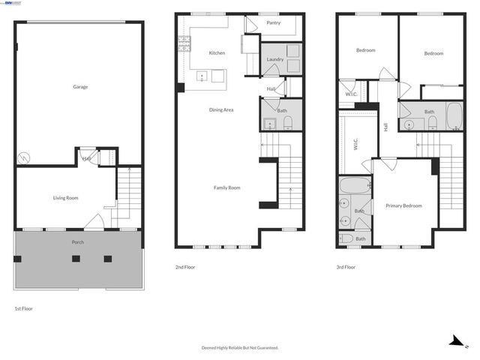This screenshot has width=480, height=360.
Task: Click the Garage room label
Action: pyautogui.click(x=80, y=87)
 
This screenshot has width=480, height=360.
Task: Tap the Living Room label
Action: pyautogui.click(x=66, y=198)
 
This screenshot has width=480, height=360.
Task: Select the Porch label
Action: pyautogui.click(x=78, y=242)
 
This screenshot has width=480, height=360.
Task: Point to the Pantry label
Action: pyautogui.click(x=274, y=23)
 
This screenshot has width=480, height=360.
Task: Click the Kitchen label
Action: pyautogui.click(x=217, y=52)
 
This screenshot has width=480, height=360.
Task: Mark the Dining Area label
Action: pyautogui.click(x=221, y=109)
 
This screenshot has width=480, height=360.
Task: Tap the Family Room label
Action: pyautogui.click(x=226, y=187)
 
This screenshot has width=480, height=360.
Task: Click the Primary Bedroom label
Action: pyautogui.click(x=403, y=205)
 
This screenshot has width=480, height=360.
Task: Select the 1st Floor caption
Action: pyautogui.click(x=23, y=308)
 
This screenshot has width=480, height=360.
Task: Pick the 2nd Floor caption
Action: pyautogui.click(x=185, y=267)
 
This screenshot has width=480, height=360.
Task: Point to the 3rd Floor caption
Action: pyautogui.click(x=346, y=267)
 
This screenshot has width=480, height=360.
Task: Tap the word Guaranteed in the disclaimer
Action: pyautogui.click(x=263, y=347)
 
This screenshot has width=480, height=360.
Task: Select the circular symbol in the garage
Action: pyautogui.click(x=24, y=158)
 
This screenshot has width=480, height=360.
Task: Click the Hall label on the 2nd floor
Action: pyautogui.click(x=271, y=90)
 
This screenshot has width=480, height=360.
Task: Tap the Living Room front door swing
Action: pyautogui.click(x=94, y=221)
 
